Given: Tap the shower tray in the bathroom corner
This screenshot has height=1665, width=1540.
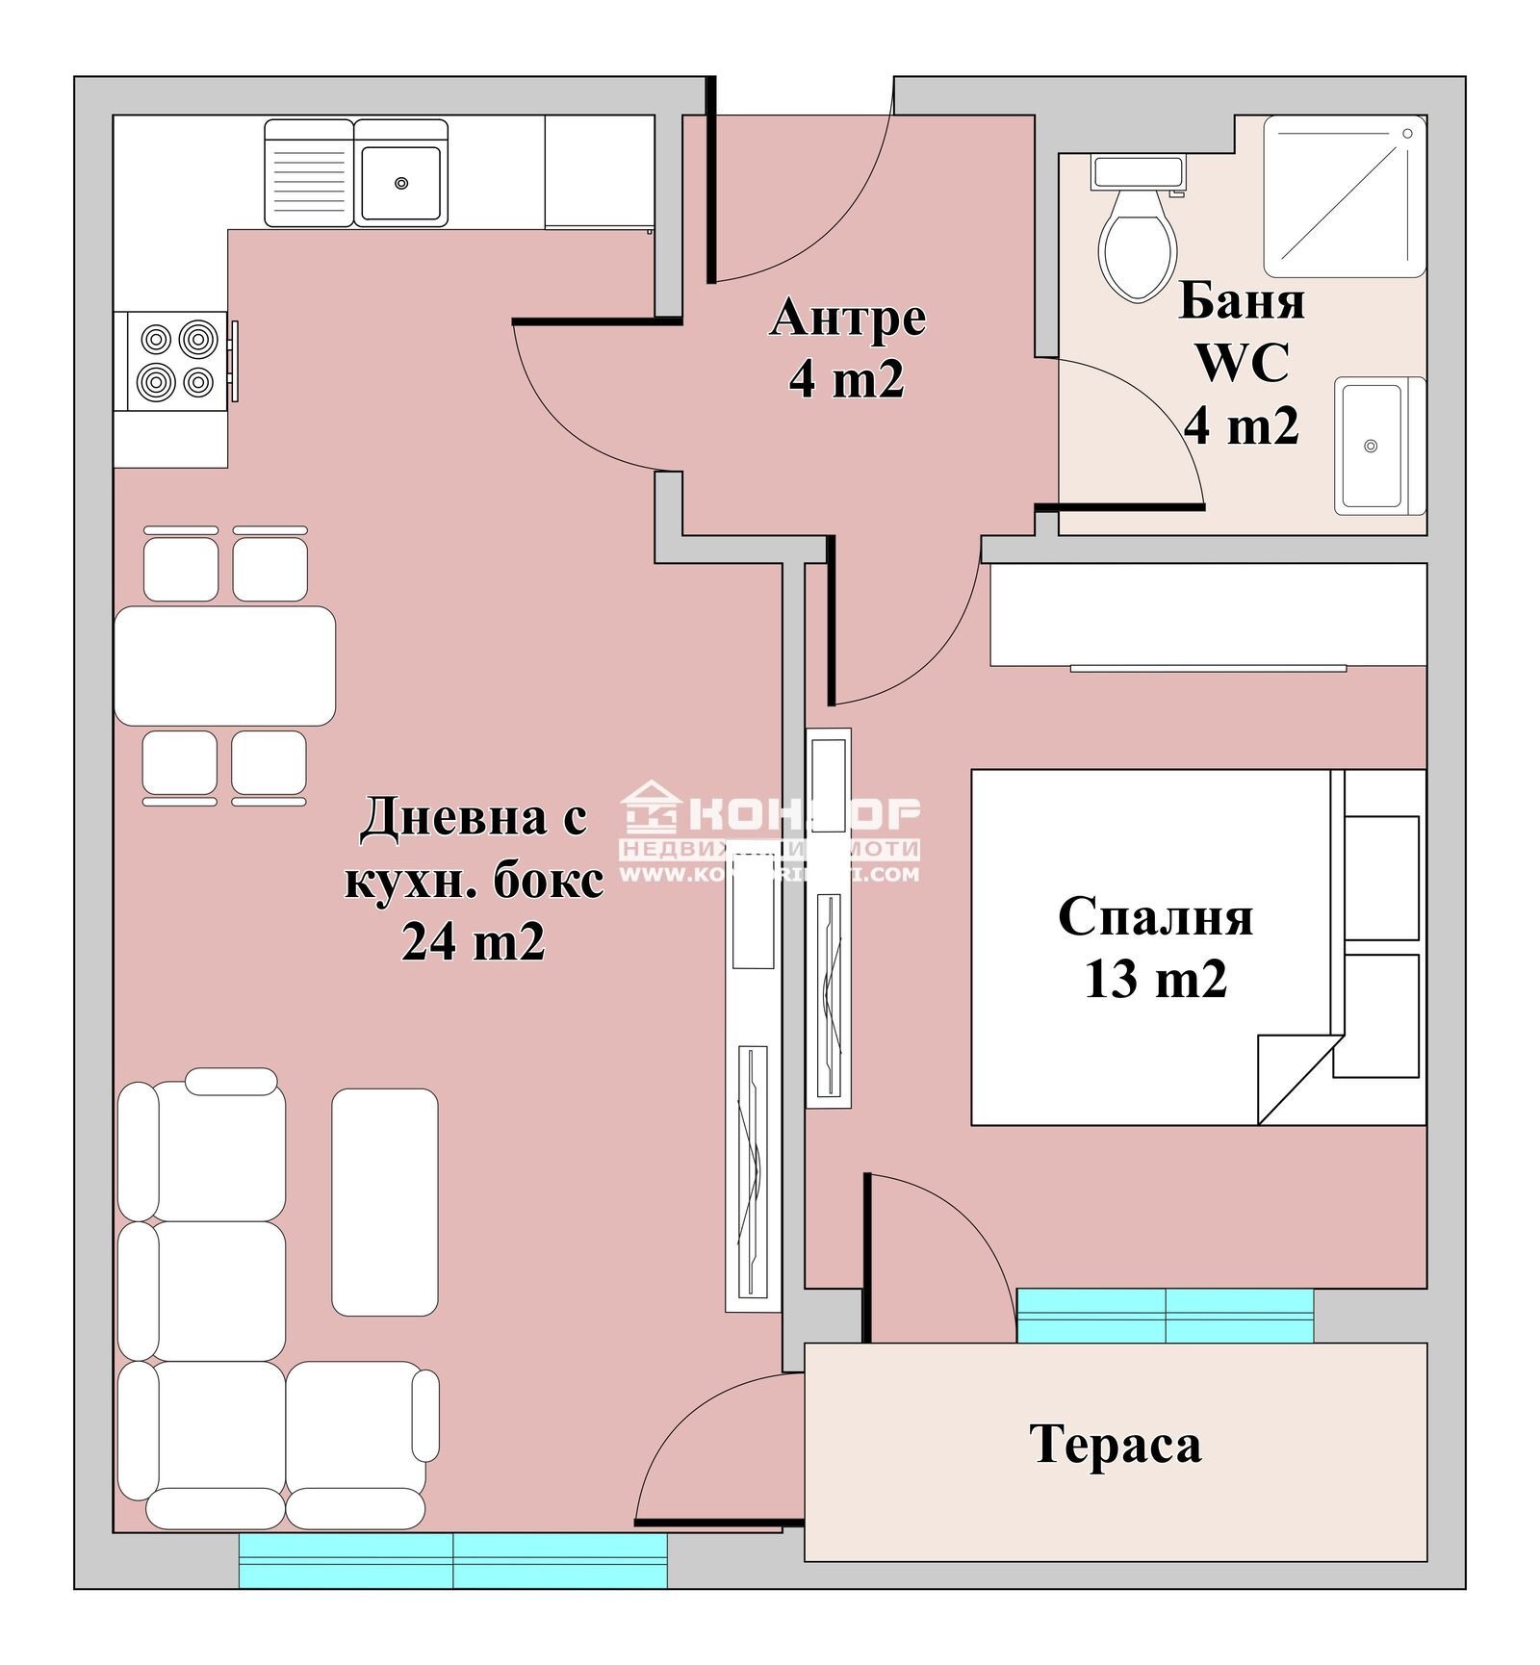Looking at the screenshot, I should click(1344, 196).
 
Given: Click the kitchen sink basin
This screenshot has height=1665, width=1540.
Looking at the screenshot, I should click(401, 182).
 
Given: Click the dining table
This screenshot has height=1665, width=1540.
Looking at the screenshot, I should click(224, 665).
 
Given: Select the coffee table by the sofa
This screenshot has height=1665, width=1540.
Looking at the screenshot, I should click(385, 1201).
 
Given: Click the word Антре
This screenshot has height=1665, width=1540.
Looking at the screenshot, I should click(847, 318).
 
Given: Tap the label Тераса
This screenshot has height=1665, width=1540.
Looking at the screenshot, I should click(1115, 1444).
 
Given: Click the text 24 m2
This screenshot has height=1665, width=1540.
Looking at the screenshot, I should click(473, 941).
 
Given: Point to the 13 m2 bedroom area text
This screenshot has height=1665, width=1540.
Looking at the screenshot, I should click(1155, 980).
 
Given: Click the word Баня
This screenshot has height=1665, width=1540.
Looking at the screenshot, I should click(1242, 300).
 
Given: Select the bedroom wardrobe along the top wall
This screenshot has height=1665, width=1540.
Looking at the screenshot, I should click(1208, 613).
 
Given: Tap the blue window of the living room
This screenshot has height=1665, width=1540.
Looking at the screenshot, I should click(452, 1559).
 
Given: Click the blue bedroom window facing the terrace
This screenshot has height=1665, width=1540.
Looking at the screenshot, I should click(1165, 1315).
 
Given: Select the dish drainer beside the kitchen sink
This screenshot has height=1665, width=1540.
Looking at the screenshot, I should click(308, 173).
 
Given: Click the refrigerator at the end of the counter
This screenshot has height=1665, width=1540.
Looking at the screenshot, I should click(599, 172).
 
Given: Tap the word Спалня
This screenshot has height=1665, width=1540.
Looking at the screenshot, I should click(1155, 916).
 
